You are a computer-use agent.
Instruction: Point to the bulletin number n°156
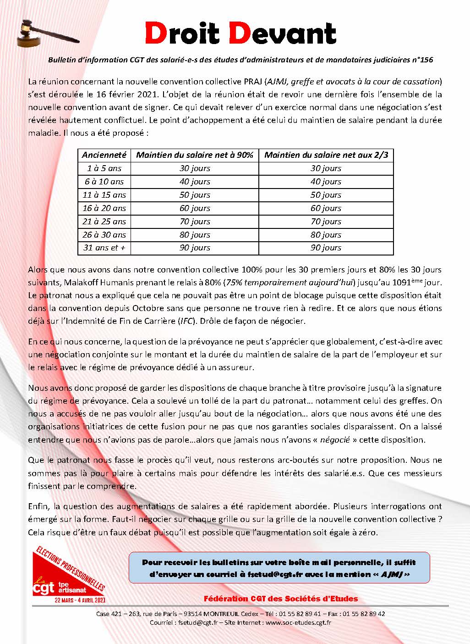pos(421,60)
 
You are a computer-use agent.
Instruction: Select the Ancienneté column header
pos(104,155)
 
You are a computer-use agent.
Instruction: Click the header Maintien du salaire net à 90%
pos(195,155)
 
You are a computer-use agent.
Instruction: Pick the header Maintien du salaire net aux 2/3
pos(326,155)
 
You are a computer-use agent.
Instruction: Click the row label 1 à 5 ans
pos(104,168)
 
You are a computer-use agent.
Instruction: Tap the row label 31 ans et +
pos(104,248)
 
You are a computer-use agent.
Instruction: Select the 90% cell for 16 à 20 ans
pos(195,208)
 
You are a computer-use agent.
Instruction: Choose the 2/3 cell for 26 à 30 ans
pos(326,234)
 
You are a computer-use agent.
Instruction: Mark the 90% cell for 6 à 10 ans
pos(195,182)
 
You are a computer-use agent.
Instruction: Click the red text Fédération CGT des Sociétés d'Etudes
pos(281,599)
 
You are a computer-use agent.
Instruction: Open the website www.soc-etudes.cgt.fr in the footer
pos(298,623)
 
